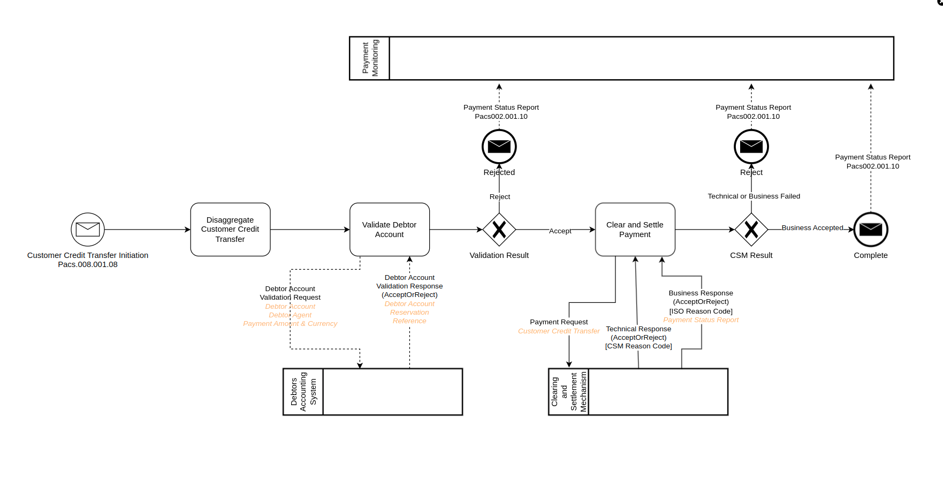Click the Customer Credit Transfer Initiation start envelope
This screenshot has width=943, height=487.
(x=88, y=230)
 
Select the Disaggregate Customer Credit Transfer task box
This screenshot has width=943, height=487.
(x=230, y=230)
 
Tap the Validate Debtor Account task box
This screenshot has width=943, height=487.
(x=389, y=230)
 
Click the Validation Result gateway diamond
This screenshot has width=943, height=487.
(x=499, y=230)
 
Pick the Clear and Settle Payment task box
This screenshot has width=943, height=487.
(x=635, y=230)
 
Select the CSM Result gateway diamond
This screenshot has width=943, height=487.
(x=751, y=230)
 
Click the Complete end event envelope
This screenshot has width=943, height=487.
(x=870, y=230)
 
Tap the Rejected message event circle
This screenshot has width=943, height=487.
(x=499, y=146)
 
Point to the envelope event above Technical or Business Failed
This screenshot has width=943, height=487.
(x=751, y=146)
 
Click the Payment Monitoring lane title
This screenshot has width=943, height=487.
(x=370, y=58)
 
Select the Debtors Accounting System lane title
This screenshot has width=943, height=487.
(x=303, y=392)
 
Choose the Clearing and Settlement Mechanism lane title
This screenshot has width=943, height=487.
(x=569, y=392)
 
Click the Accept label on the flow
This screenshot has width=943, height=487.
(x=560, y=231)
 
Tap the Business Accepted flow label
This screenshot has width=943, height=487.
(x=812, y=228)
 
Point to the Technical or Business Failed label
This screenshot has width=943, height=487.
(x=754, y=196)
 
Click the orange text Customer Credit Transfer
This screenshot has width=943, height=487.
(x=559, y=331)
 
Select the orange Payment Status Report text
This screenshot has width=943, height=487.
(x=701, y=320)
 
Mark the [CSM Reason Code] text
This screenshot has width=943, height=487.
(x=638, y=346)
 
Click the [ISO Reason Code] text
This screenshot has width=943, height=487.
(x=701, y=311)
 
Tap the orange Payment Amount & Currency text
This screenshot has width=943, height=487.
(x=290, y=324)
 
